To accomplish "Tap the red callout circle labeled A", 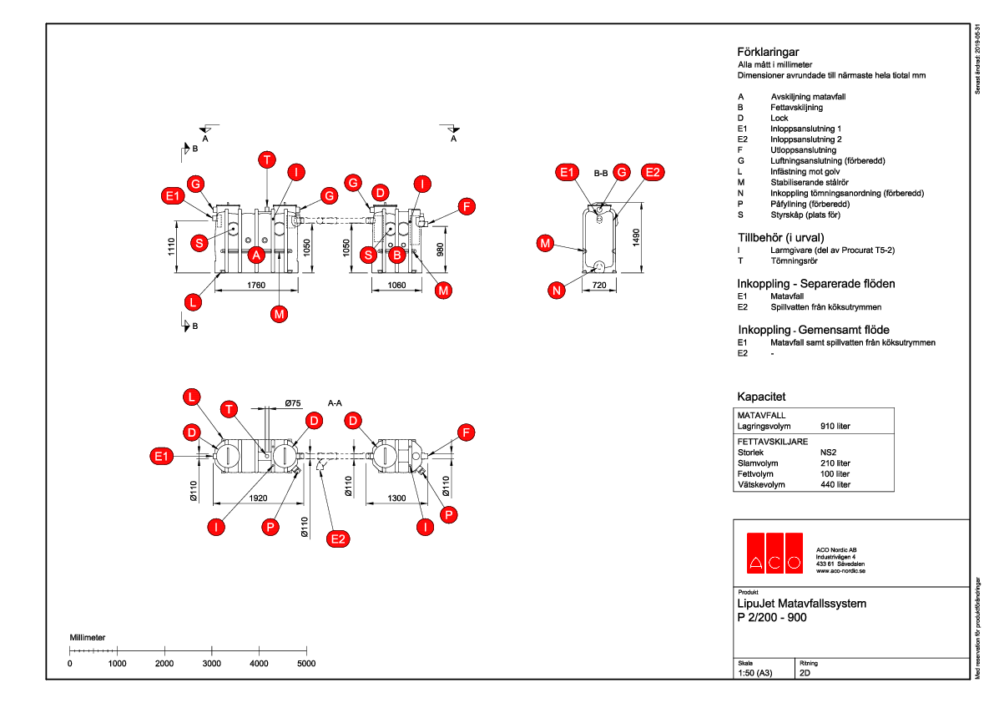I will tap(257, 255).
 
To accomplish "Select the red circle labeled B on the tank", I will tap(397, 255).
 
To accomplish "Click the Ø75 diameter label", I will tap(292, 403).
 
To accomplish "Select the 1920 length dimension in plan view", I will tap(256, 498).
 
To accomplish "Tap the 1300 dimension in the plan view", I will tap(396, 498).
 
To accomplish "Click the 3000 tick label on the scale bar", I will tap(212, 664).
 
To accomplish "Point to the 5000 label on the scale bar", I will tap(306, 664).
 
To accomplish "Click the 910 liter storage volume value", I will tap(835, 427).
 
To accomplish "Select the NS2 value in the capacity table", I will tap(830, 452).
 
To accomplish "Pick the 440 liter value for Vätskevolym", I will tap(835, 484).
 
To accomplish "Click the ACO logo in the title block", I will tap(774, 553).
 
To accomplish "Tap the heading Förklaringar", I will tap(768, 52).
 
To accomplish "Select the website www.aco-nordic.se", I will tap(840, 571).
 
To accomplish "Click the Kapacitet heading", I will tap(761, 397).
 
